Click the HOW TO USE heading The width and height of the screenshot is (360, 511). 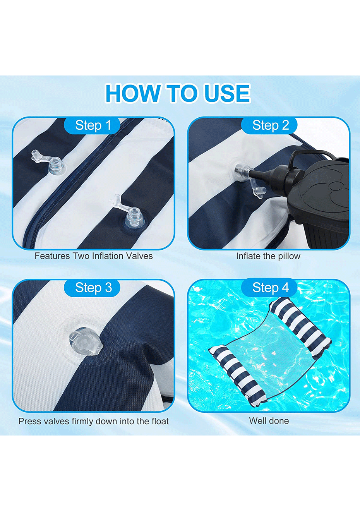click(178, 93)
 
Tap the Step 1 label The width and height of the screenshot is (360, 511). click(93, 125)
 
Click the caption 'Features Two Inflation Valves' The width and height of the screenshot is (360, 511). click(94, 256)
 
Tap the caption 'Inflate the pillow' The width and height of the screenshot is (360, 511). click(268, 256)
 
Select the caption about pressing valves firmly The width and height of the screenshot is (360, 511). click(94, 421)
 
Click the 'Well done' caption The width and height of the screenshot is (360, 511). click(269, 421)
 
